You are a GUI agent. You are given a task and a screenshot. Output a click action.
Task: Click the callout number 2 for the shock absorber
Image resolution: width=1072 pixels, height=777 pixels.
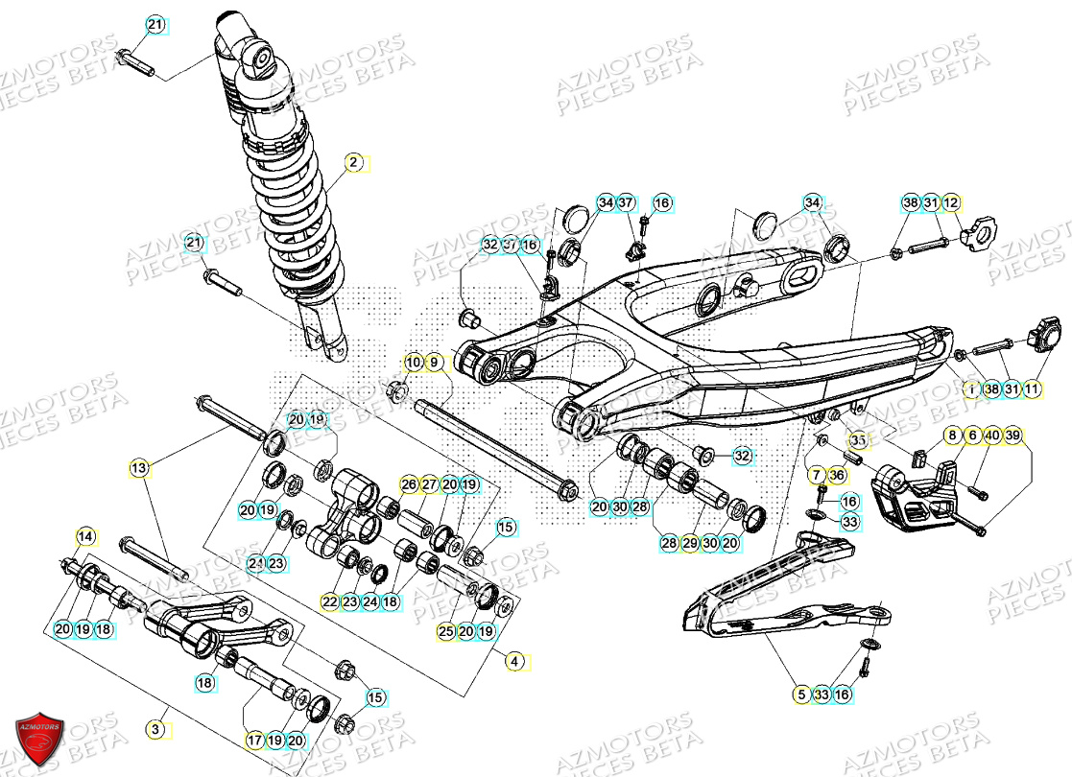353,163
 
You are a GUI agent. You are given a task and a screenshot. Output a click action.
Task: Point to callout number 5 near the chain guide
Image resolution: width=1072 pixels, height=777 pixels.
799,695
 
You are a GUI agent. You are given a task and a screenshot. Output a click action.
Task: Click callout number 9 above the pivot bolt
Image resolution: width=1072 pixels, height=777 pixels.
434,363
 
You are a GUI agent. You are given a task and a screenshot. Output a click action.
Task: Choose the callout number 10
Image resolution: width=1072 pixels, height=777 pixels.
413,363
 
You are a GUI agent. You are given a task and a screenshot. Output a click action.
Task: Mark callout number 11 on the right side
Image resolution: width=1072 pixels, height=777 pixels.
1032,389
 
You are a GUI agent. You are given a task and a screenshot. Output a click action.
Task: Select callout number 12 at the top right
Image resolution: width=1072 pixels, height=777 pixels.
950,203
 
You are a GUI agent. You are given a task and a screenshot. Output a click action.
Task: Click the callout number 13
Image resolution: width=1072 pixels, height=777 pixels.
140,468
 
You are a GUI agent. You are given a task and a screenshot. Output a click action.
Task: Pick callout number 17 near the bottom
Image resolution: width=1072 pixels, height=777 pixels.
253,741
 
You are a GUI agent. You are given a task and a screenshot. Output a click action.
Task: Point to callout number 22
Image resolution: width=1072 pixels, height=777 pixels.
330,601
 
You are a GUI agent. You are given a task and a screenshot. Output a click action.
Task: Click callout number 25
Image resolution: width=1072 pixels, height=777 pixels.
445,631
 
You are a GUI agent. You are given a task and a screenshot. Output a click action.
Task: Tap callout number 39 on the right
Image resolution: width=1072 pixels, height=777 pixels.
1012,436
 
